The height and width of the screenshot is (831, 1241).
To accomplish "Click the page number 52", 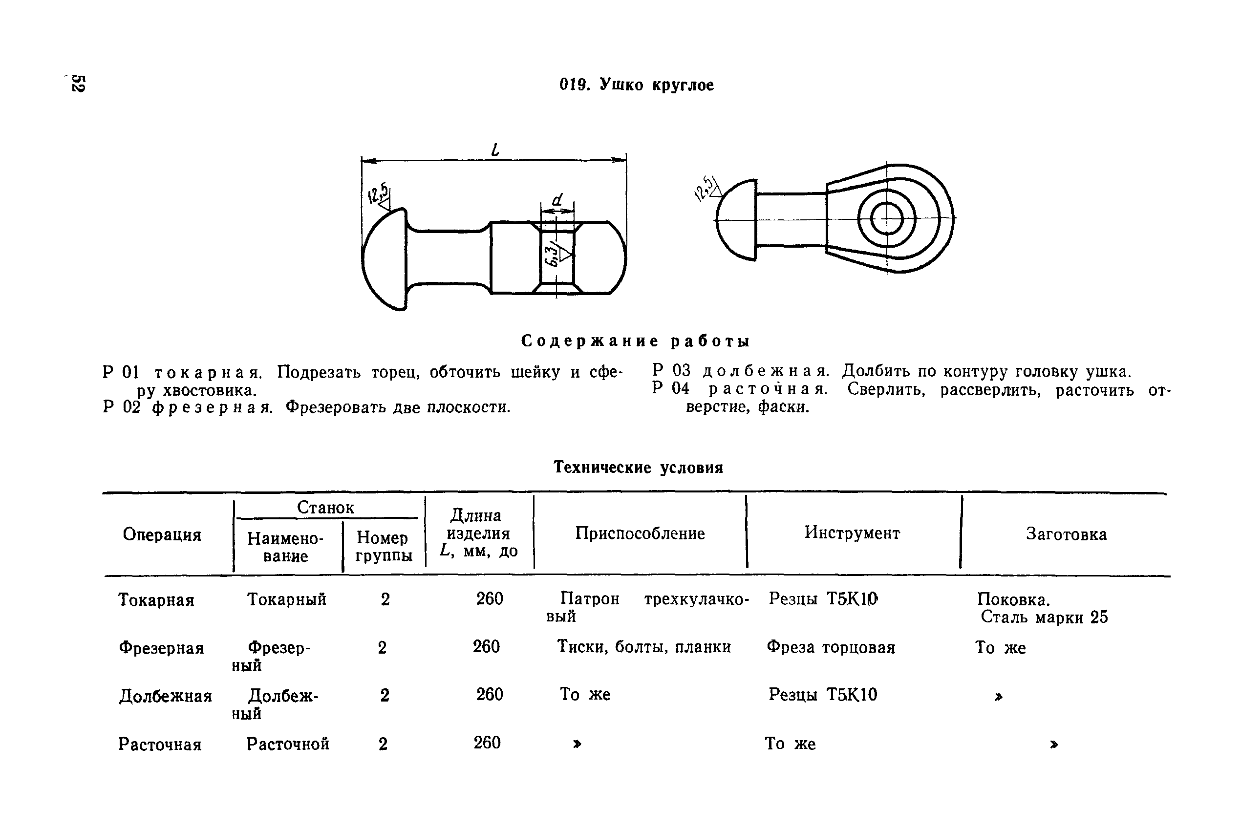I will pos(79,83).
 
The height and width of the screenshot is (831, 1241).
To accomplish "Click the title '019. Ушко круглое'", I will pos(637,85).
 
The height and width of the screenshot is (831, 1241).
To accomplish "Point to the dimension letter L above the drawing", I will pos(495,149).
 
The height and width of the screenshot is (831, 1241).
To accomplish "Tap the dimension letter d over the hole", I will pos(556,200).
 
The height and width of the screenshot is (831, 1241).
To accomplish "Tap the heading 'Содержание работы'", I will pos(636,341).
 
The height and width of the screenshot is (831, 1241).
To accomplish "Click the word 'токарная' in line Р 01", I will pos(207,373).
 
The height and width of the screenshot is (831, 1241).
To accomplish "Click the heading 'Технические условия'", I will pos(638,468).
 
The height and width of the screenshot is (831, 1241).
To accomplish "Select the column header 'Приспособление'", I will pos(640,533).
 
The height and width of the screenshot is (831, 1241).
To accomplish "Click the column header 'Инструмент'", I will pos(852,533).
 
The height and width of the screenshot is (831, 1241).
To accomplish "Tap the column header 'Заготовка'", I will pos(1066,533).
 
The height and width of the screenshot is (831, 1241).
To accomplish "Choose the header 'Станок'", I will pos(325,507).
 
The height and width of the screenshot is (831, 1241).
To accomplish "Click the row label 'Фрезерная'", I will pos(161,648).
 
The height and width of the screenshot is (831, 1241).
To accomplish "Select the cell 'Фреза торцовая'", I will pos(830,647).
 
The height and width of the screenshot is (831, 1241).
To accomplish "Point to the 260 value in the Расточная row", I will pos(487,743).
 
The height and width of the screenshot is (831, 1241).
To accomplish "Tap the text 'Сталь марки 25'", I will pos(1044,617).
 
